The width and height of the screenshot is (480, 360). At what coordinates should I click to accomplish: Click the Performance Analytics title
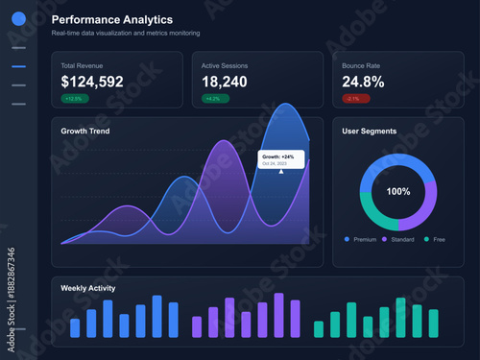[x=112, y=19]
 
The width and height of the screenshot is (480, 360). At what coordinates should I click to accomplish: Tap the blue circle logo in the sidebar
[x=18, y=18]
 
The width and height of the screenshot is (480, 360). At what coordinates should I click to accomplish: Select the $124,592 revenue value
[x=92, y=82]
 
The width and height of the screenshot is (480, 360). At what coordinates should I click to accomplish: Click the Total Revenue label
[x=84, y=65]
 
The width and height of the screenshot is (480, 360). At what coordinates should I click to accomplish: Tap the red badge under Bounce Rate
[x=354, y=98]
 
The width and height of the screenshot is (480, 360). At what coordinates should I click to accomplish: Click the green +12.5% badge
[x=75, y=98]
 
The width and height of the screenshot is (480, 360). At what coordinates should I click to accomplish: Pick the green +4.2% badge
[x=214, y=98]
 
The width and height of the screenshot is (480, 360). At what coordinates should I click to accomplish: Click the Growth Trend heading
[x=84, y=131]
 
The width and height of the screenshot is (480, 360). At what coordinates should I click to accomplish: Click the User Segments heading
[x=370, y=131]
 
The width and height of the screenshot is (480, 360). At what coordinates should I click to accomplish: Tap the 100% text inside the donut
[x=398, y=192]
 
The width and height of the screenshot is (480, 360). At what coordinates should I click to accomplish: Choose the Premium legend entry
[x=360, y=238]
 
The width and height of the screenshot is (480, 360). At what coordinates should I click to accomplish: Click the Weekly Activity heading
[x=89, y=287]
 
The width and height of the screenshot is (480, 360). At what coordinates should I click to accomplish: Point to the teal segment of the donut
[x=371, y=208]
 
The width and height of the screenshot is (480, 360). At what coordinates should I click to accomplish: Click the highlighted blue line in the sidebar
[x=18, y=66]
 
